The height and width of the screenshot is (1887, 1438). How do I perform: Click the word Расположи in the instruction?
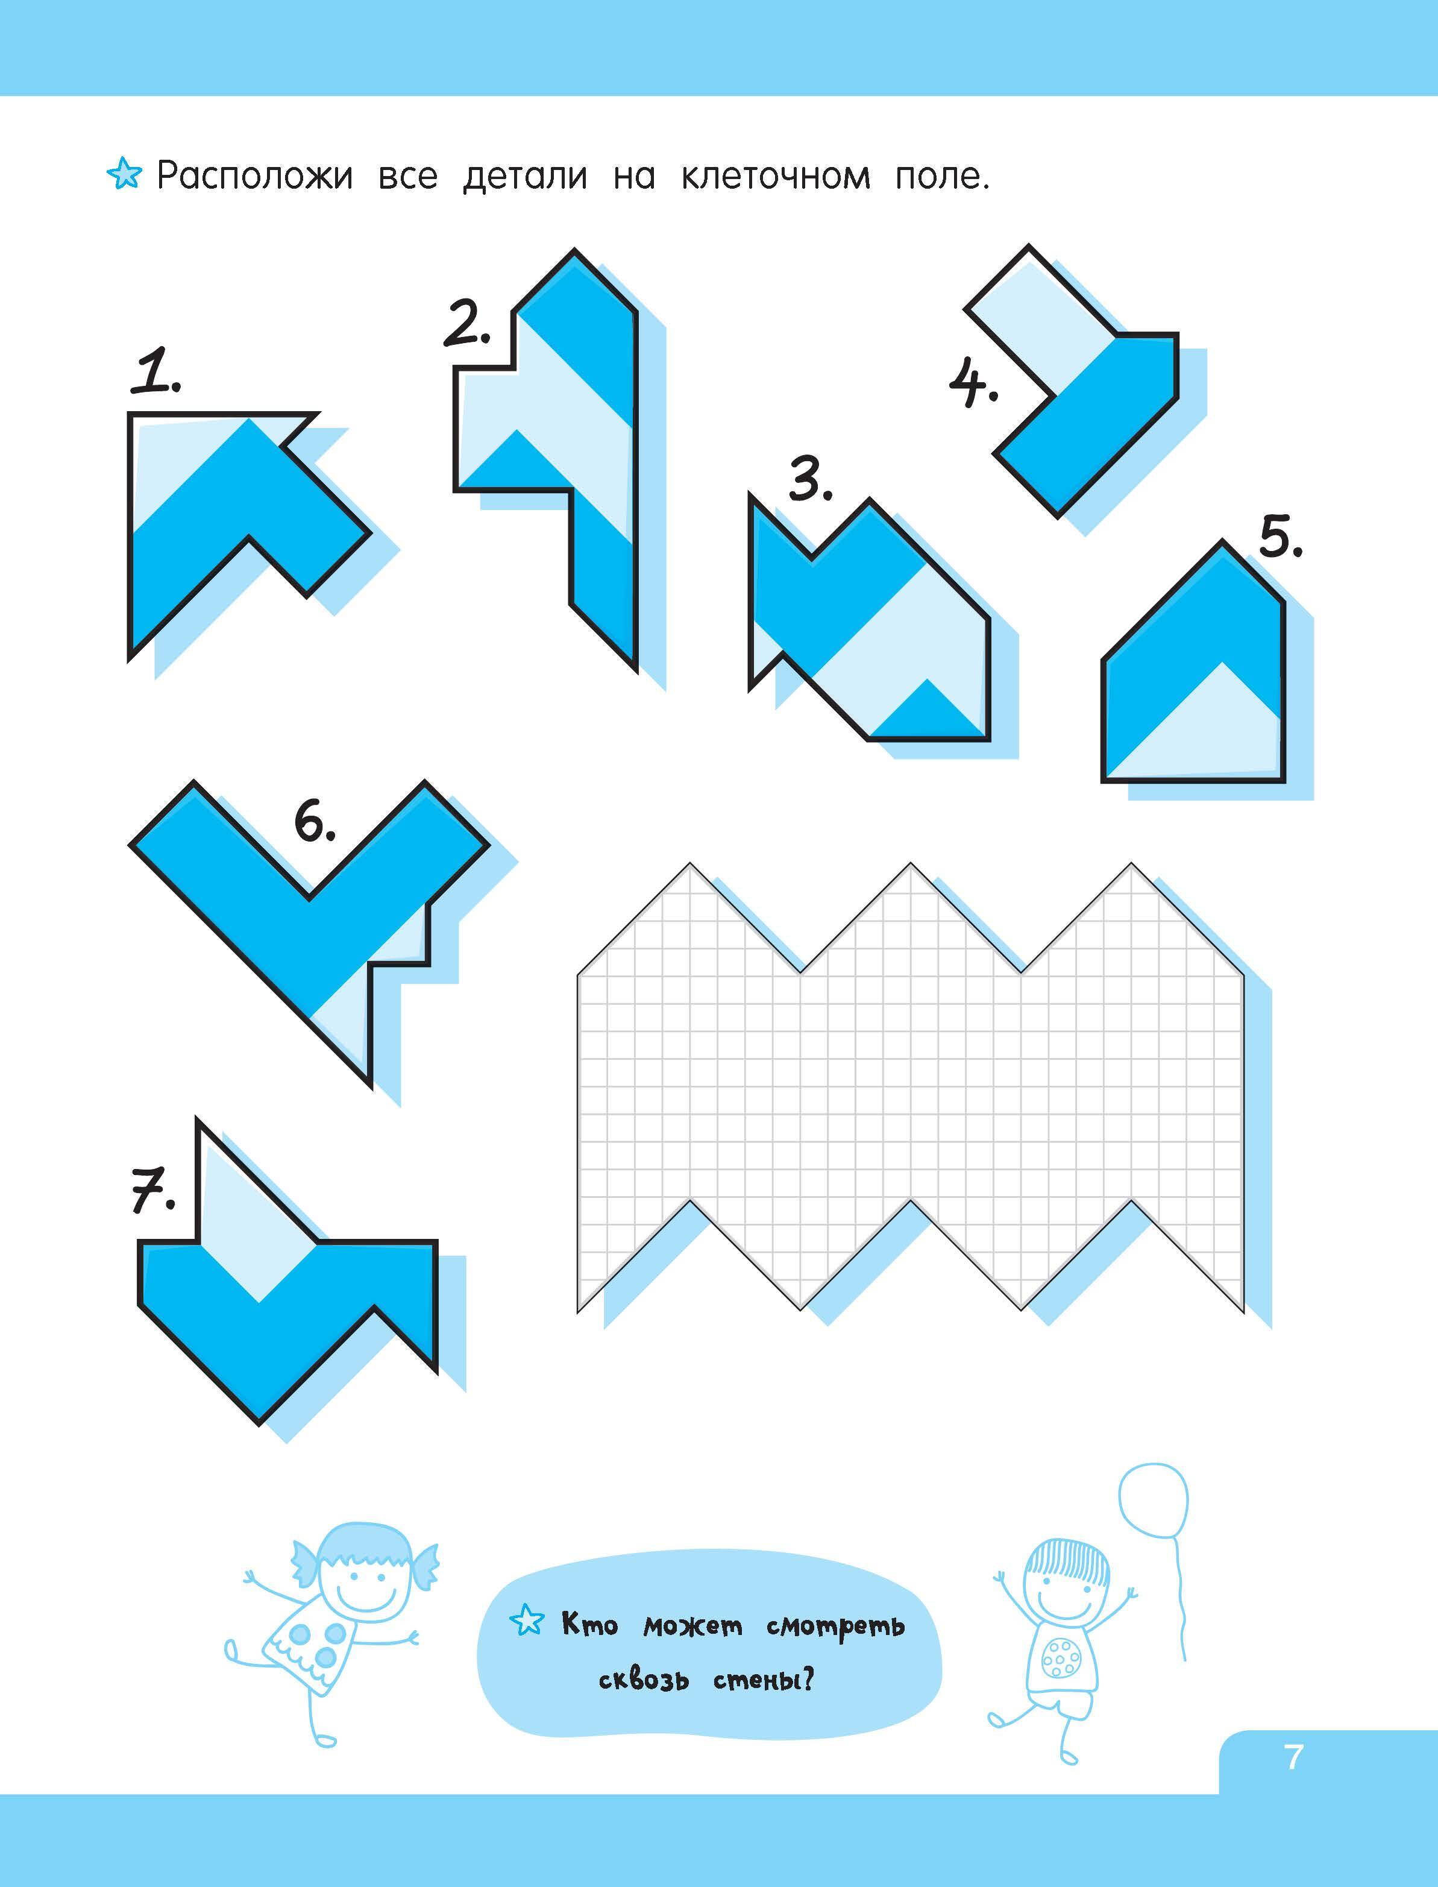pyautogui.click(x=255, y=177)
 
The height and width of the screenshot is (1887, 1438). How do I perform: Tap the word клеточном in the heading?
pyautogui.click(x=776, y=177)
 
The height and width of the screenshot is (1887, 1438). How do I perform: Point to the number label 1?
pyautogui.click(x=155, y=371)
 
